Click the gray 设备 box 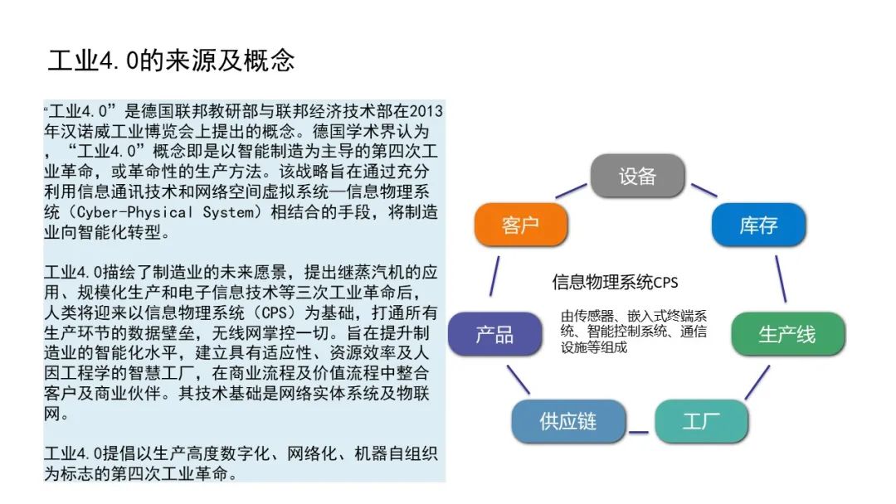coord(637,176)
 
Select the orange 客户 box coord(520,225)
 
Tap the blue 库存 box coord(758,225)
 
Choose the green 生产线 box coord(787,334)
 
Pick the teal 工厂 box coord(701,422)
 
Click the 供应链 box coord(568,422)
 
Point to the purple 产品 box coord(494,334)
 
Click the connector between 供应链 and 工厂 coord(638,432)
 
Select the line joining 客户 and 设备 coord(571,191)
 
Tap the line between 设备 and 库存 coord(704,190)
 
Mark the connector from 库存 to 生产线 coord(781,279)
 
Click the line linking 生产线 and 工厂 coord(757,383)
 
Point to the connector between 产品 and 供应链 coord(519,380)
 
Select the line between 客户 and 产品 coord(494,276)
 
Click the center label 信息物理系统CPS coord(615,282)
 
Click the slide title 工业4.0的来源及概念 coord(171,61)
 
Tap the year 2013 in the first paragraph coord(426,111)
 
